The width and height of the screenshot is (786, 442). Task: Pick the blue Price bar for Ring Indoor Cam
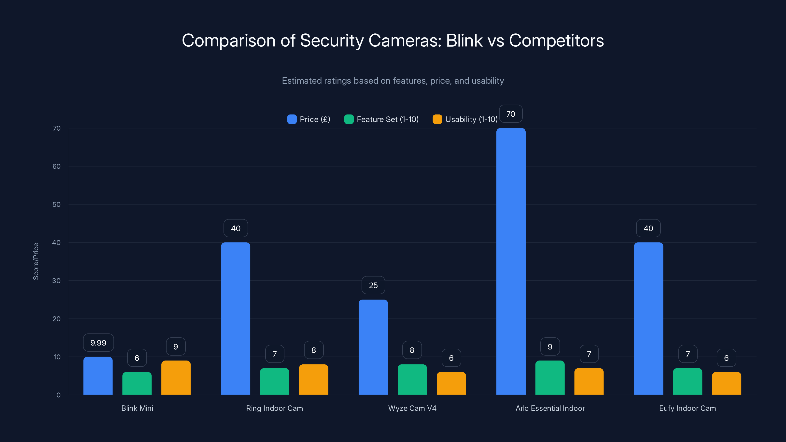pyautogui.click(x=236, y=318)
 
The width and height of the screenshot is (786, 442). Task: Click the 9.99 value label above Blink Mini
pyautogui.click(x=98, y=343)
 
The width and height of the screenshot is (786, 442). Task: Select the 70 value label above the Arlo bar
pyautogui.click(x=510, y=114)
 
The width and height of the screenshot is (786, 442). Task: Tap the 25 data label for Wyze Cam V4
pyautogui.click(x=373, y=285)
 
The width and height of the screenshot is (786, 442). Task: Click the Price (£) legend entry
pyautogui.click(x=309, y=119)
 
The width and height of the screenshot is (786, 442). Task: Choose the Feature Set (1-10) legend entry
pyautogui.click(x=381, y=119)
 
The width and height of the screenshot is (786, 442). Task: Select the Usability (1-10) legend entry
pyautogui.click(x=465, y=119)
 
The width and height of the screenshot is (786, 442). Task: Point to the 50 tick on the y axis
pyautogui.click(x=56, y=204)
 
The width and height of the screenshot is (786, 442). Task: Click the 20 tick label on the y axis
pyautogui.click(x=56, y=319)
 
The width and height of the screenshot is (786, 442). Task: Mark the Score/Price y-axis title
pyautogui.click(x=36, y=262)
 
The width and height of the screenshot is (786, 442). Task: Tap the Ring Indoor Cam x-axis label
pyautogui.click(x=274, y=408)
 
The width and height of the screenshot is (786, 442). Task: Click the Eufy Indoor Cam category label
pyautogui.click(x=687, y=408)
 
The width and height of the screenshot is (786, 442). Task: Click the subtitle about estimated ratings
pyautogui.click(x=393, y=81)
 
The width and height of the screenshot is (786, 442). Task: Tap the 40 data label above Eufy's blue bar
pyautogui.click(x=648, y=228)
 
